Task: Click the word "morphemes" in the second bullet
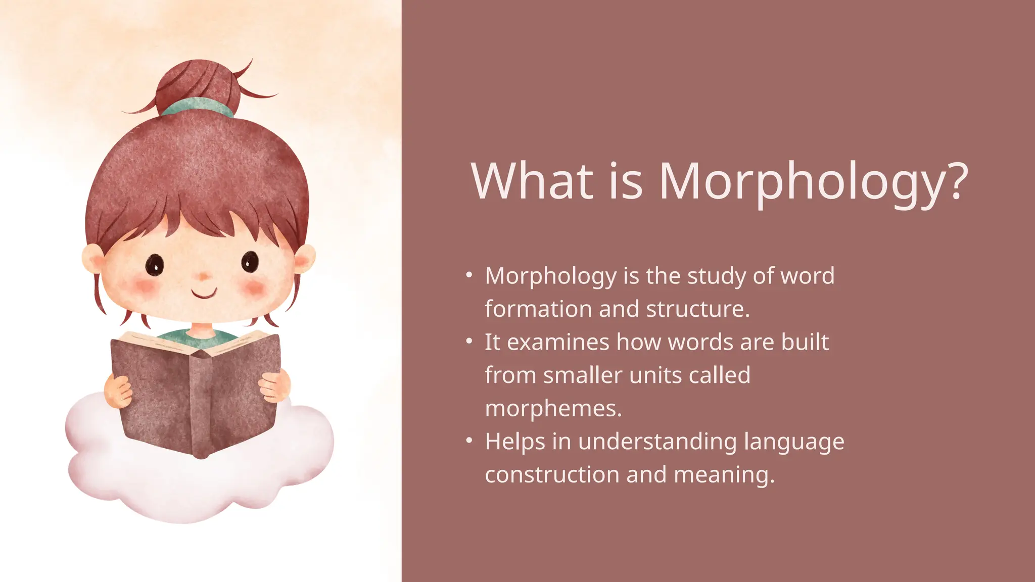(x=552, y=408)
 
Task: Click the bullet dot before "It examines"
(x=469, y=341)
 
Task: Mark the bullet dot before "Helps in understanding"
(x=469, y=441)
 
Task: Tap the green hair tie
(x=198, y=107)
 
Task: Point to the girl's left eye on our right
(x=250, y=262)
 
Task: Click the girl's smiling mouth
(x=204, y=293)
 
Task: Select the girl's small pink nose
(x=203, y=276)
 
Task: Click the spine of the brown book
(x=201, y=404)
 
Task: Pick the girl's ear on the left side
(x=92, y=258)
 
